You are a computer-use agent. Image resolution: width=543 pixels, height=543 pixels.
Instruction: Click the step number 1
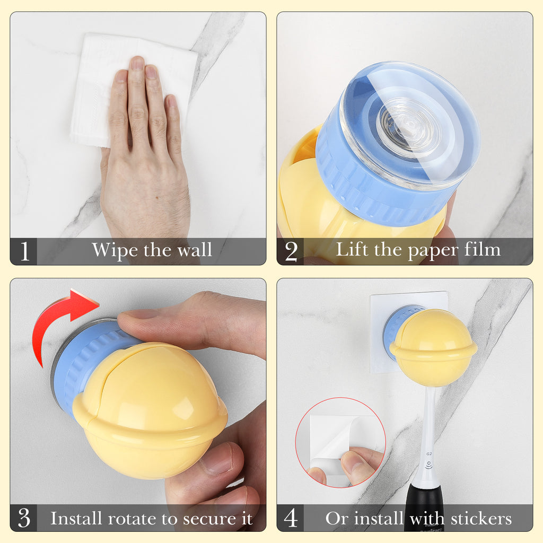point(24,251)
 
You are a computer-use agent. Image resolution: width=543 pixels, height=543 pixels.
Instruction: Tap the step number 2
point(291,251)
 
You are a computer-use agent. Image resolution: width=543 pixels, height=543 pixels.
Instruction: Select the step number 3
point(24,518)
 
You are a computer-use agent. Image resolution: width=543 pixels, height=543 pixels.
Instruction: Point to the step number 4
point(291,518)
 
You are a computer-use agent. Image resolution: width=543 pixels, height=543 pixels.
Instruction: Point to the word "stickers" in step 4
point(481,519)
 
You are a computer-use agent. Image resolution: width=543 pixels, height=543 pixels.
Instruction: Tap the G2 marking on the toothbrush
point(428,454)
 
